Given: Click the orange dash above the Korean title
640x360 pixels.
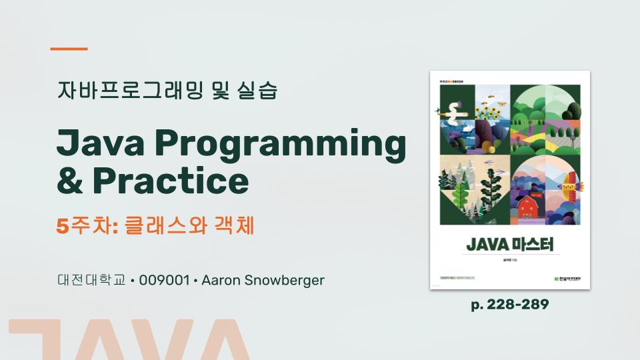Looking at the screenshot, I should (x=69, y=49).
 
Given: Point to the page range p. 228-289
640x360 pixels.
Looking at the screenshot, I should (x=510, y=305).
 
